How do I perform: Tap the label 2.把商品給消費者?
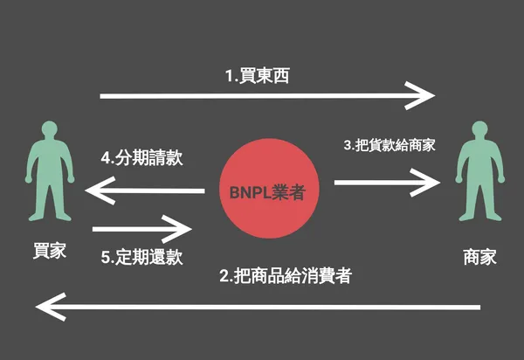286,277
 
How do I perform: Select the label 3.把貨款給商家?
390,145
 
